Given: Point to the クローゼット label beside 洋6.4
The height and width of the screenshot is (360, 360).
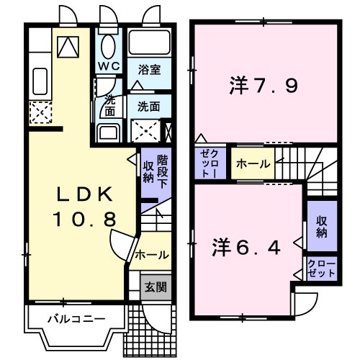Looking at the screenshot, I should pos(321,269).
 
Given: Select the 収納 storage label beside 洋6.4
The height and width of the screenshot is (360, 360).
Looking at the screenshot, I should pos(321,228).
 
